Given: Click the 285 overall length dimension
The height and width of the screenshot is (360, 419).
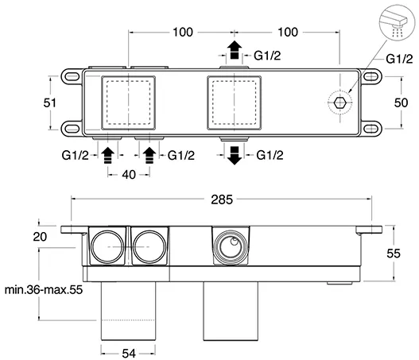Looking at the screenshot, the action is [x=222, y=199].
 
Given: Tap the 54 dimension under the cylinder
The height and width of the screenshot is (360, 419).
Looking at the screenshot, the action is [x=129, y=354].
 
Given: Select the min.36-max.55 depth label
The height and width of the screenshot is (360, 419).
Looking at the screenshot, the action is [x=44, y=290].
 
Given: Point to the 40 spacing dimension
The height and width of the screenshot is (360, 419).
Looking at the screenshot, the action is [x=129, y=175].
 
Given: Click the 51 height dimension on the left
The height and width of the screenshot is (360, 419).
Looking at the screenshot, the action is [x=50, y=103].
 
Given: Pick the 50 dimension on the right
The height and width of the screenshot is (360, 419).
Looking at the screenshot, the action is [x=401, y=103].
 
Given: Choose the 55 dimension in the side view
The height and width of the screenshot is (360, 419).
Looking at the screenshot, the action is [x=394, y=254].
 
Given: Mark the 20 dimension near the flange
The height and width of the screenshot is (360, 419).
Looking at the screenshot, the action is [x=40, y=237].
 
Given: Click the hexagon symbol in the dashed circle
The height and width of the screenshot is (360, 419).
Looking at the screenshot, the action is [x=340, y=103].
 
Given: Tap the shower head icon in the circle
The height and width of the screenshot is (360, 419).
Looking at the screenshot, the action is [x=397, y=22].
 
